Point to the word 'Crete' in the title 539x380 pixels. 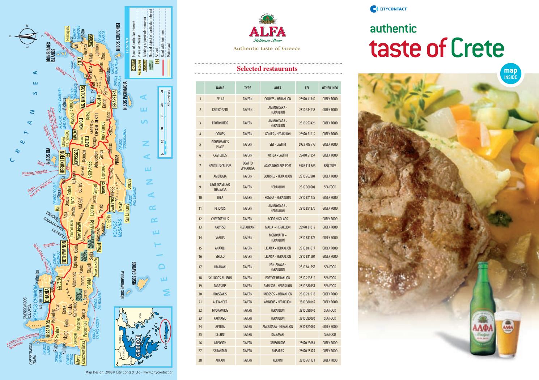(477, 48)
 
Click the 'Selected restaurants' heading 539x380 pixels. (267, 69)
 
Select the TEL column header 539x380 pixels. (307, 88)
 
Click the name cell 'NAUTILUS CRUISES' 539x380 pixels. (220, 166)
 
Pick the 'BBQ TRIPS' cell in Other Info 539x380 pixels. (330, 166)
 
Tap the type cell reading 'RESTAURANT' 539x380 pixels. (247, 227)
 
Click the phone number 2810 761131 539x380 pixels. (307, 360)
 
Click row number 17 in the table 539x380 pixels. (200, 267)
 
